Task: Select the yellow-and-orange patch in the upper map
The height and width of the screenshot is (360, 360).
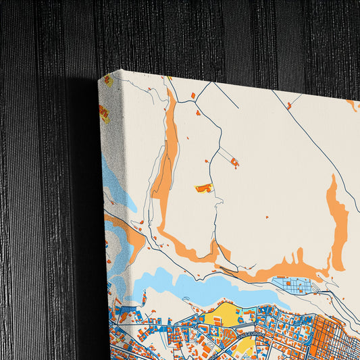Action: [204, 188]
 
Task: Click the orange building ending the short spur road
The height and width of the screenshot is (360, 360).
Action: [234, 163]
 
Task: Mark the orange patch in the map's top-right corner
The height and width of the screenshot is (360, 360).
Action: [352, 104]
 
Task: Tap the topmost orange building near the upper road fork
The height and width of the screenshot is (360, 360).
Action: [192, 96]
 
